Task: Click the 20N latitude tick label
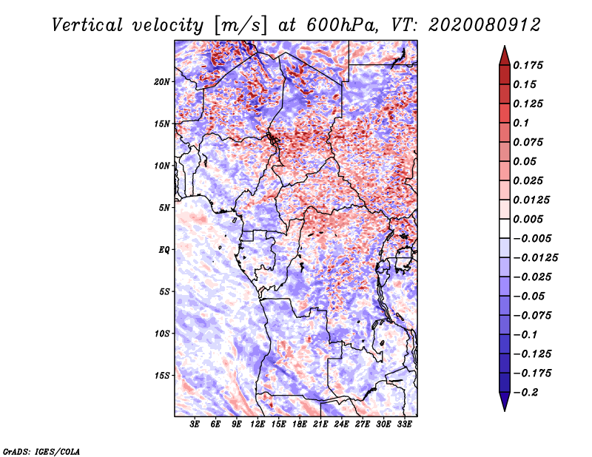[163, 81]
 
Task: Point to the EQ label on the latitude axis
[164, 249]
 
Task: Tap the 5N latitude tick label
[165, 208]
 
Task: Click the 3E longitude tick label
[195, 424]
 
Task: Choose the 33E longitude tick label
[405, 424]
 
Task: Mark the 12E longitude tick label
[258, 424]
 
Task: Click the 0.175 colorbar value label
[530, 65]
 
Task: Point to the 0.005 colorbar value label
[530, 219]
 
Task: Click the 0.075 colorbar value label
[530, 142]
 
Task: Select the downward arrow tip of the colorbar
[504, 408]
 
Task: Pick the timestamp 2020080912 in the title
[474, 24]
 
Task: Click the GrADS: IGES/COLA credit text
[41, 450]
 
